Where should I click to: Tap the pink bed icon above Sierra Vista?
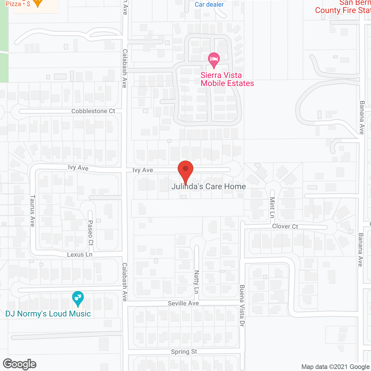214,59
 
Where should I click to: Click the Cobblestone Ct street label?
93,111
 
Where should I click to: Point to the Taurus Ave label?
32,211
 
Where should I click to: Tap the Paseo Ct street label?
90,233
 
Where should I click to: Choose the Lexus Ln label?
80,254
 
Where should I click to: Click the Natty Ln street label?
197,282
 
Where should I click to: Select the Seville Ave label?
183,303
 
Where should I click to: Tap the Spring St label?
184,352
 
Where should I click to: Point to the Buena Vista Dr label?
242,306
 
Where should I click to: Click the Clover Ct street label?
285,226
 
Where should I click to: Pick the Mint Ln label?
272,207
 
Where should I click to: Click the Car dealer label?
209,4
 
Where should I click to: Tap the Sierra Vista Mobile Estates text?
227,79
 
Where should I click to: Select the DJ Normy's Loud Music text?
48,314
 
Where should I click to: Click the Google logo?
20,364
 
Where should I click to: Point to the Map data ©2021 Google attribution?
335,367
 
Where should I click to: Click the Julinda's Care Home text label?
209,186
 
